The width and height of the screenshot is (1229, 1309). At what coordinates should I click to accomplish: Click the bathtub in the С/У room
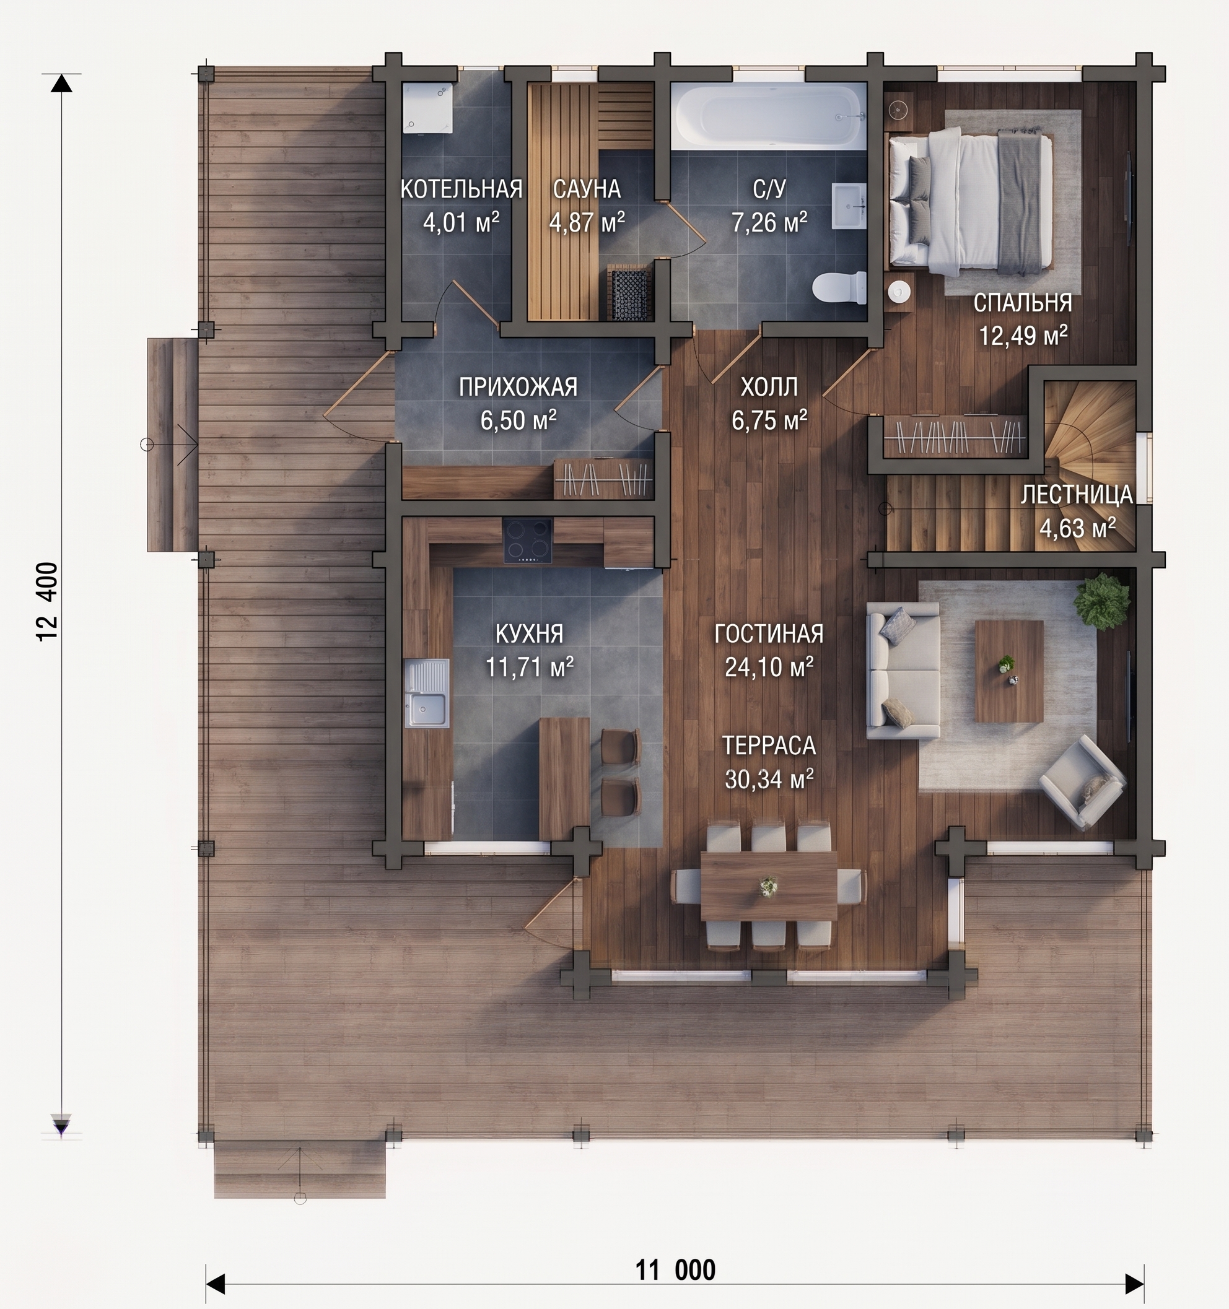pyautogui.click(x=769, y=116)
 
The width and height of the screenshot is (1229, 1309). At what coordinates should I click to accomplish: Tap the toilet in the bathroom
pyautogui.click(x=839, y=287)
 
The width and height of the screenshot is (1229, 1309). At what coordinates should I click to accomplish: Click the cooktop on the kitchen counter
pyautogui.click(x=528, y=541)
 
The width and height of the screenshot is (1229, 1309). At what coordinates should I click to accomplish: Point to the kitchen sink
pyautogui.click(x=427, y=693)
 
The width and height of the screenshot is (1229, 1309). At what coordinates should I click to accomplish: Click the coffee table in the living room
pyautogui.click(x=1008, y=671)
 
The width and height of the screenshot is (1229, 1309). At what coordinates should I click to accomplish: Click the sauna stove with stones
pyautogui.click(x=629, y=294)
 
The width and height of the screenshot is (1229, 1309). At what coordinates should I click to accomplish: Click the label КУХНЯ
pyautogui.click(x=530, y=633)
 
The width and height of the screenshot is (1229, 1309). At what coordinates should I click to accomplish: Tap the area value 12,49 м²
pyautogui.click(x=1023, y=336)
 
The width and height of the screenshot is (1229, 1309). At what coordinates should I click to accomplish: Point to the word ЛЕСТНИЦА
pyautogui.click(x=1077, y=495)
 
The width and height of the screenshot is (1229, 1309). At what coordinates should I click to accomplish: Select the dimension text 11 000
pyautogui.click(x=675, y=1269)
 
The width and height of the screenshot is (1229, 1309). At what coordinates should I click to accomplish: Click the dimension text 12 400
pyautogui.click(x=48, y=601)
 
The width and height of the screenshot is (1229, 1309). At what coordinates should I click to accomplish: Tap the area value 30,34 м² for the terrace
pyautogui.click(x=769, y=779)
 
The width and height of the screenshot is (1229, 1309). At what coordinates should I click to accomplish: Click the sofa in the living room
pyautogui.click(x=903, y=669)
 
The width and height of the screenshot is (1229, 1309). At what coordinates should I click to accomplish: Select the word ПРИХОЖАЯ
pyautogui.click(x=518, y=387)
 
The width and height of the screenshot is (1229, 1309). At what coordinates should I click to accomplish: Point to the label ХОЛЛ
pyautogui.click(x=769, y=387)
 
